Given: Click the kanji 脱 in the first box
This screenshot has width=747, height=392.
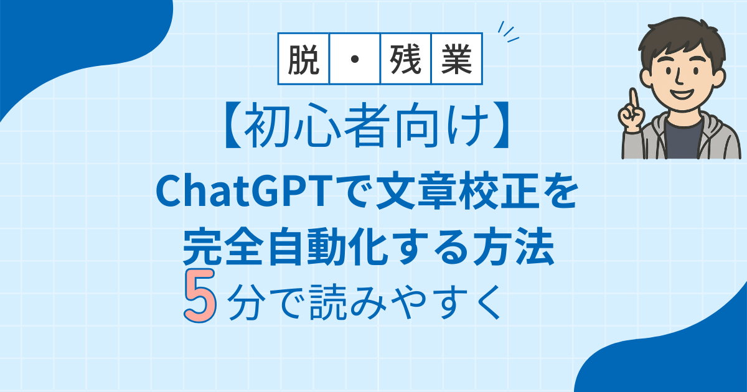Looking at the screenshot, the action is (304, 59).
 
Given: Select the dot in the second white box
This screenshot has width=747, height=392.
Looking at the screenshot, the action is (355, 59).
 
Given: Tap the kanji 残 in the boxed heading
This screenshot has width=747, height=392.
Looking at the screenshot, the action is (405, 59).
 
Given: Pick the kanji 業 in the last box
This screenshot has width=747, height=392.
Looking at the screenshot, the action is (456, 59).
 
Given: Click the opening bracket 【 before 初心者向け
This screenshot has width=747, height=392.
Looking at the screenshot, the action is (233, 125).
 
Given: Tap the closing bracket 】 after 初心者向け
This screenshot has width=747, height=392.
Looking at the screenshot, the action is (500, 125).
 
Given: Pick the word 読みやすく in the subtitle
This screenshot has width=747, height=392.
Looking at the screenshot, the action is (405, 302).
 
